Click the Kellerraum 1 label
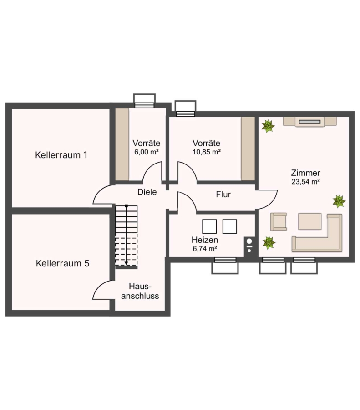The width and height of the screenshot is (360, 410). [61, 155]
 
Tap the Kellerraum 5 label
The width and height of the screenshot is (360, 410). [62, 263]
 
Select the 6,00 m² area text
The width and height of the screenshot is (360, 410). [146, 152]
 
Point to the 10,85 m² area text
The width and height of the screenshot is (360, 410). [206, 152]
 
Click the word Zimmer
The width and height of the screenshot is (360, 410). [305, 173]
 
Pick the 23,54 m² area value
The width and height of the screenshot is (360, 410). [306, 182]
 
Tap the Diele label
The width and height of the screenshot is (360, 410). [147, 192]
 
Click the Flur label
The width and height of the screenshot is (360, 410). [223, 195]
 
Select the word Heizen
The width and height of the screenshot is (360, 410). [204, 240]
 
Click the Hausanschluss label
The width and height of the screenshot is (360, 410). [140, 291]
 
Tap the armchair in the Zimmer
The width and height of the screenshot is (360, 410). [278, 222]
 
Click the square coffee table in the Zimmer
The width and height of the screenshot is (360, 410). [309, 221]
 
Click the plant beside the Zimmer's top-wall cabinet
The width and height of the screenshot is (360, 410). [268, 126]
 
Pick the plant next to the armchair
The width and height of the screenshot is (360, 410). [269, 243]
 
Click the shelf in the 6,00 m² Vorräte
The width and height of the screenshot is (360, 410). [122, 144]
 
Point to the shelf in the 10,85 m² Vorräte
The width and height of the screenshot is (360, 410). [248, 149]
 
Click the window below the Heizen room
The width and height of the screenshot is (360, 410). [225, 266]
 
